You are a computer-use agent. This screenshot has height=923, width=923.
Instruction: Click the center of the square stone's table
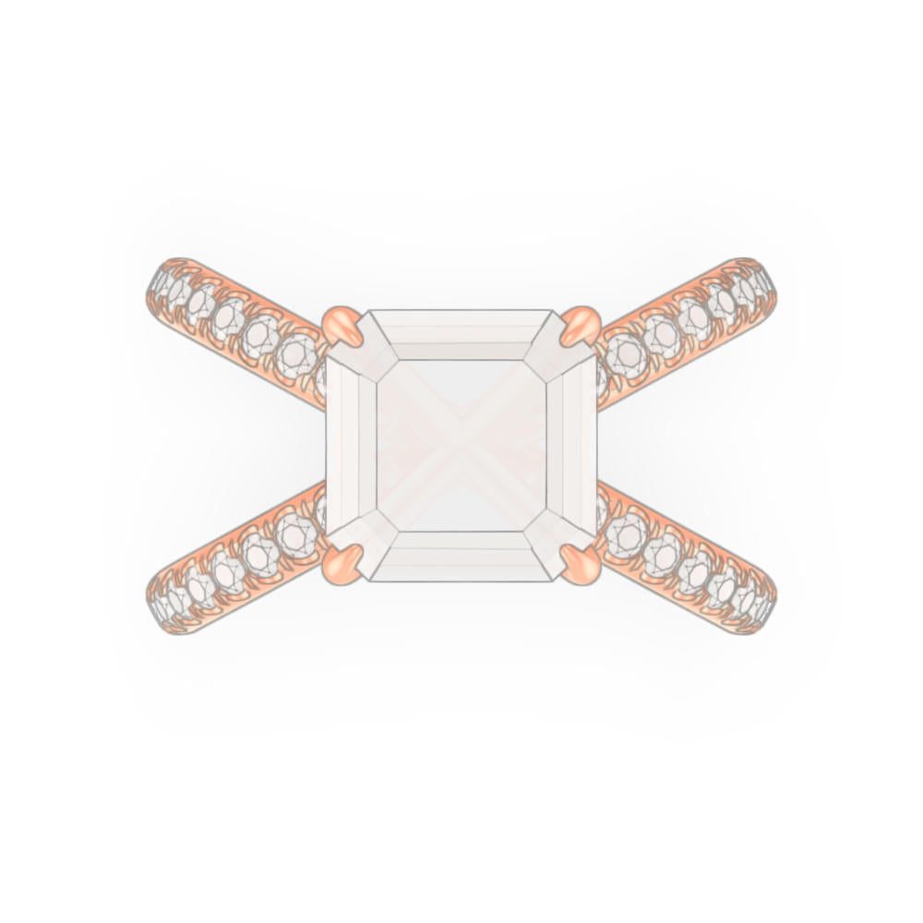coord(461,445)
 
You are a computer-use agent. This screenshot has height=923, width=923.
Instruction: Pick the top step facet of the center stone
coord(461,335)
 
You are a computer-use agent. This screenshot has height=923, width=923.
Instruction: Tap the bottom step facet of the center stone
coord(461,556)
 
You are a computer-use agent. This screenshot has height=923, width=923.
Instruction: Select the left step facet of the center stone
coord(352,445)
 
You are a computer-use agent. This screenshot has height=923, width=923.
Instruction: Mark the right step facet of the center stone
coord(571,445)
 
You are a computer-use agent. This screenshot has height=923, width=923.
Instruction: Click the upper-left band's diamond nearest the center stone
coord(297,351)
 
